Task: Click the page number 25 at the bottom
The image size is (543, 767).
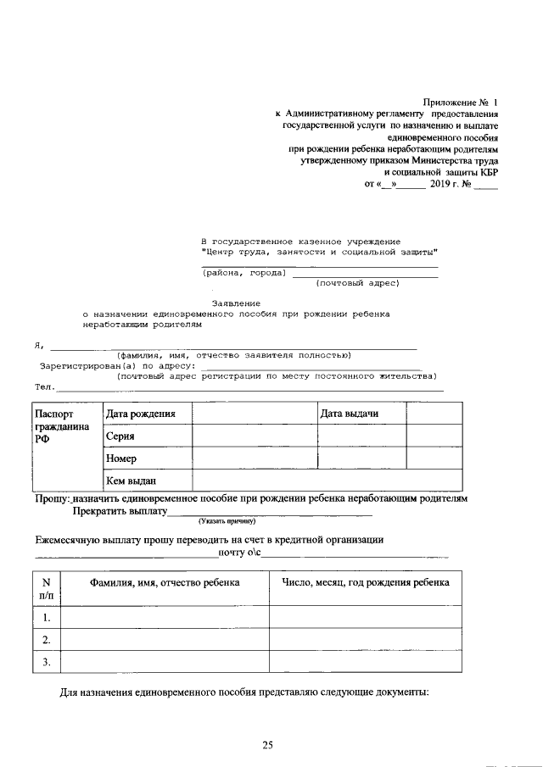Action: [267, 746]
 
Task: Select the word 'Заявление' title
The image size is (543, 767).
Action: [236, 303]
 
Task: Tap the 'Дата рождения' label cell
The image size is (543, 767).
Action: [141, 414]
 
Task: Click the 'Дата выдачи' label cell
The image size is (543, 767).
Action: [350, 413]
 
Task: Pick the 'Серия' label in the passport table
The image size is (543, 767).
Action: [120, 436]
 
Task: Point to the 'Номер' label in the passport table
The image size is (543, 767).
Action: [122, 459]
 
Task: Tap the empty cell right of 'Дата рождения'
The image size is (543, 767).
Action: [255, 414]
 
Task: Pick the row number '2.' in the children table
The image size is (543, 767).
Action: [47, 639]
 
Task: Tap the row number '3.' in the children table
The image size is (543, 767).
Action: [47, 661]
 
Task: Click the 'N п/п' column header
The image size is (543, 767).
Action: [47, 589]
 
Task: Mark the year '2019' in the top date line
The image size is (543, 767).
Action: [443, 183]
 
